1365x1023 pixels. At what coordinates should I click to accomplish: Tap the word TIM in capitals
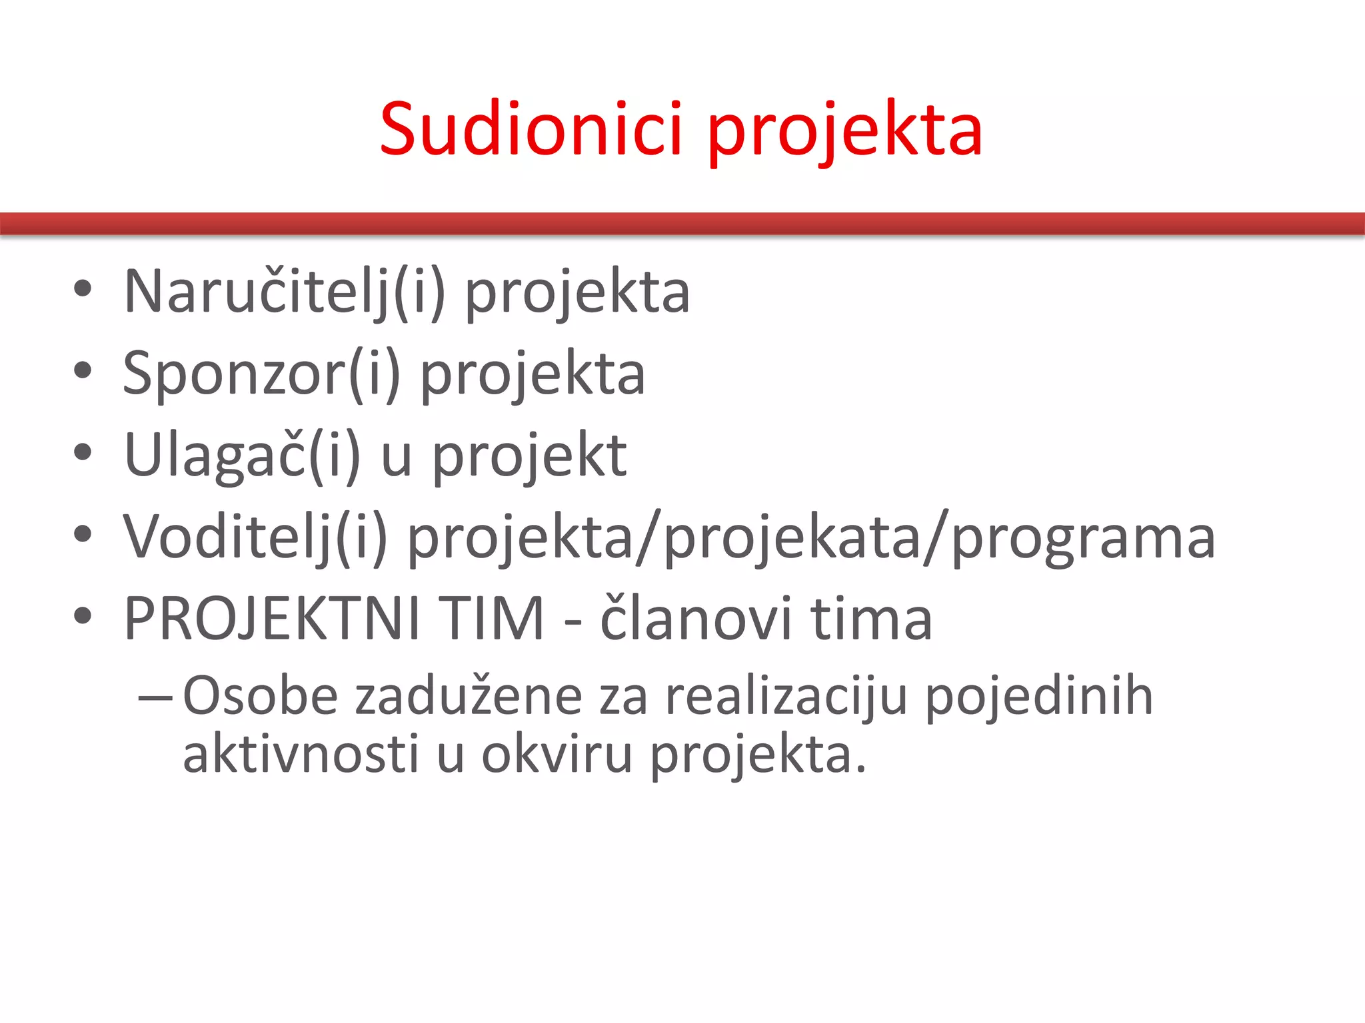click(x=494, y=619)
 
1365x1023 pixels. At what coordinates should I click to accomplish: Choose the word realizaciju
click(x=786, y=696)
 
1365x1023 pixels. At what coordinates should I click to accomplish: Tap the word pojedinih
click(x=1039, y=696)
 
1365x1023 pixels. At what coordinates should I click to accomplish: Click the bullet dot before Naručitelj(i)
click(x=83, y=290)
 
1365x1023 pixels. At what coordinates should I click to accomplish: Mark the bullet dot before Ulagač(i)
click(x=83, y=453)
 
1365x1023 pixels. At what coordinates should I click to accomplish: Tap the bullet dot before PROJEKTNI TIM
click(x=83, y=616)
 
